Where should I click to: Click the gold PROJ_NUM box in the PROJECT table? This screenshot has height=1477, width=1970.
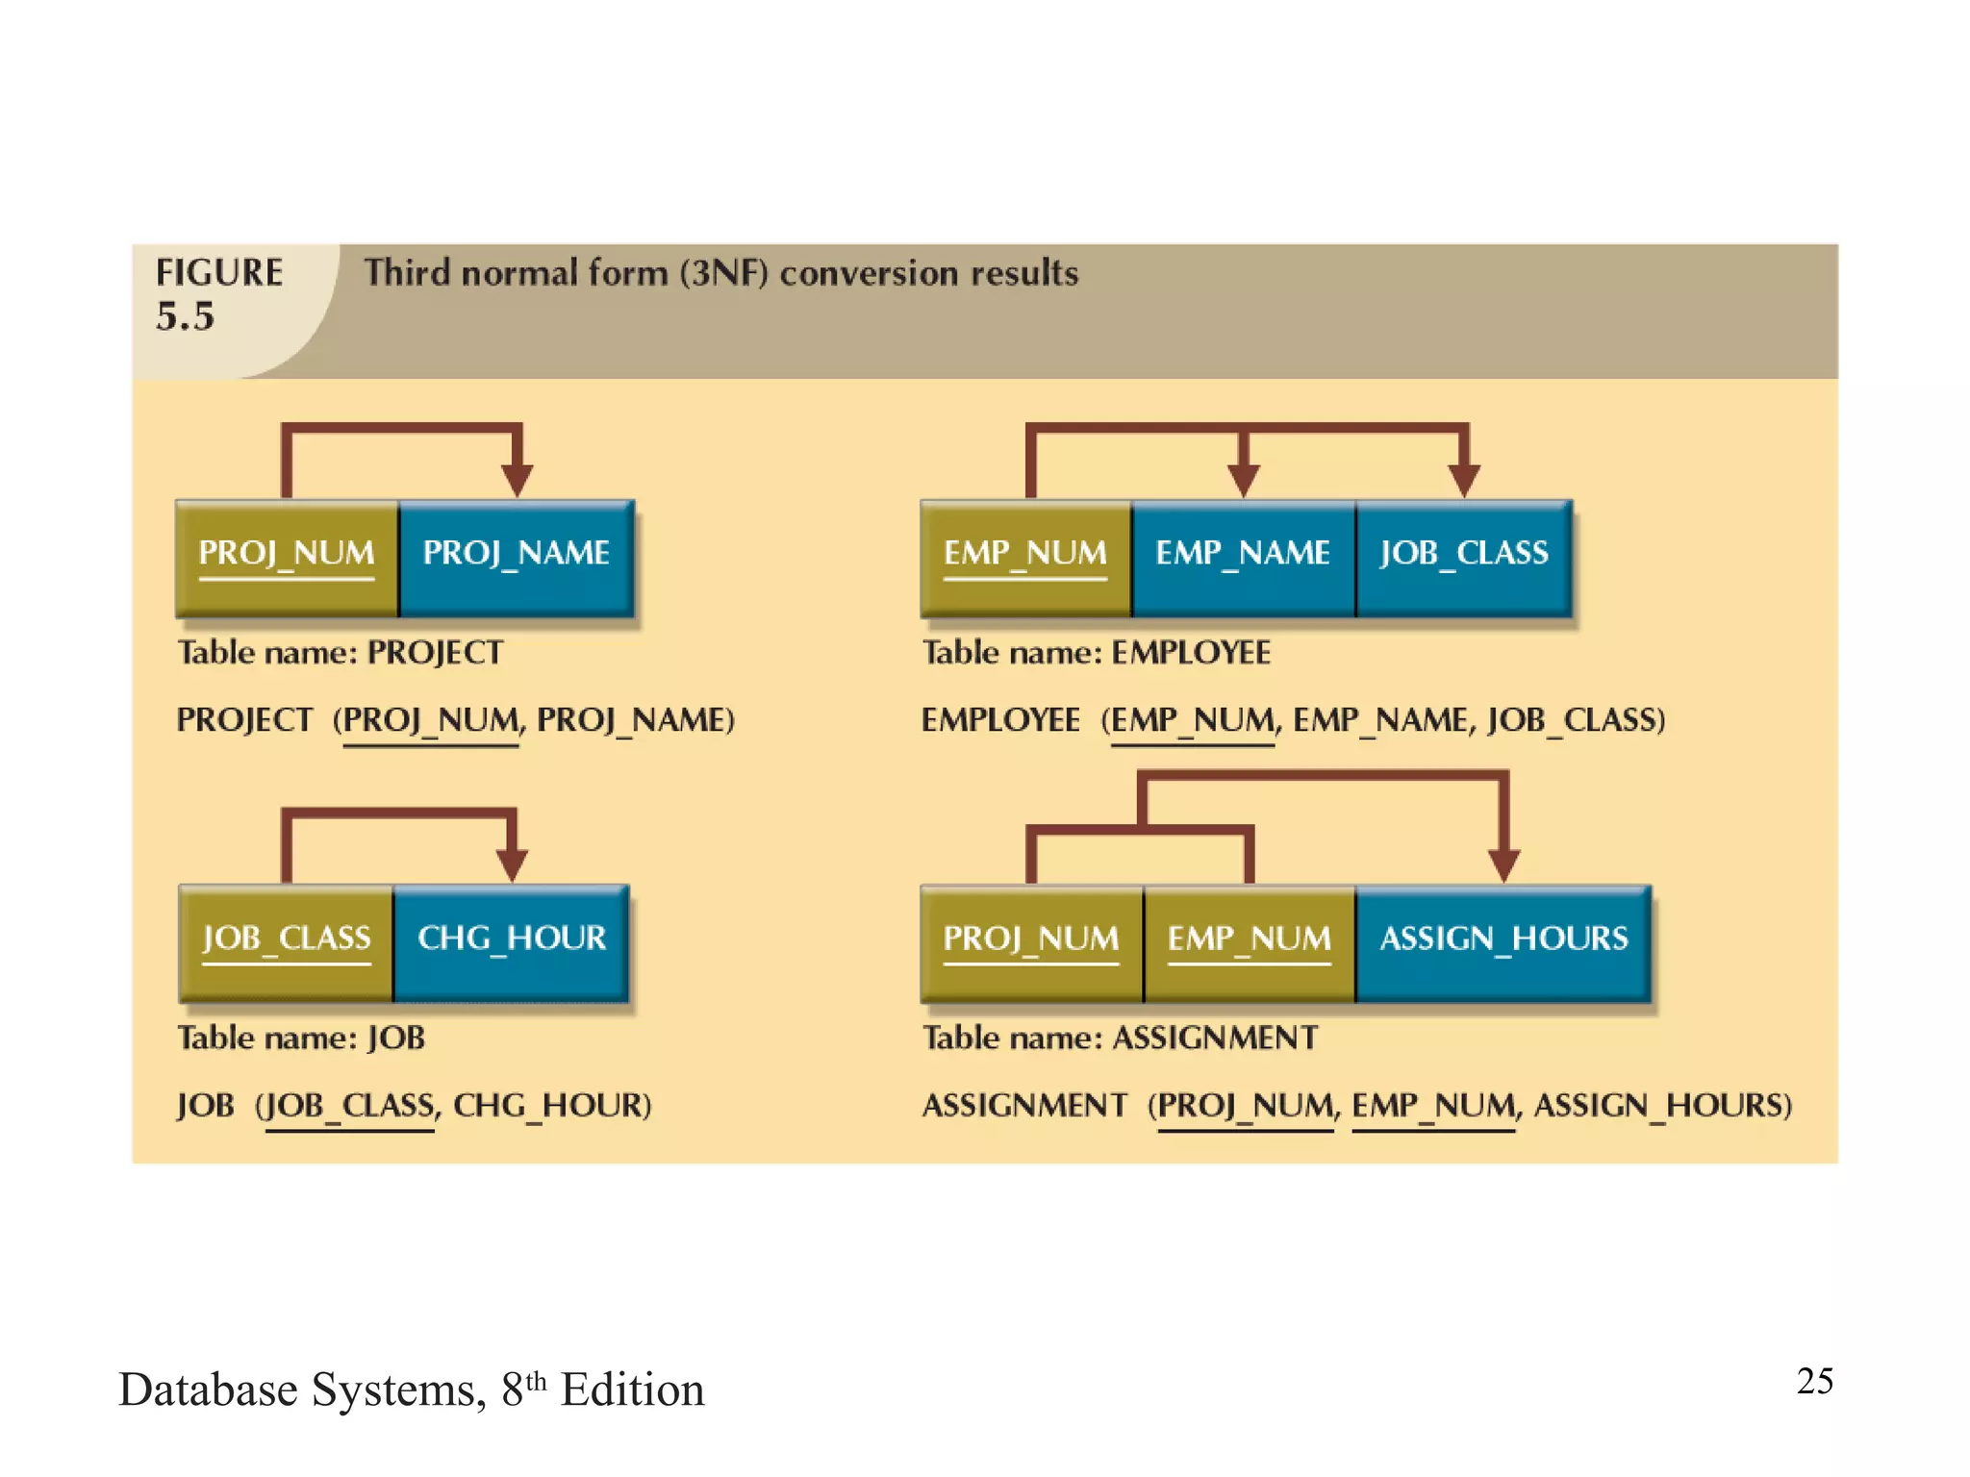pos(287,558)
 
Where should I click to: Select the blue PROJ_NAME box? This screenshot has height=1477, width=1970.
pos(517,558)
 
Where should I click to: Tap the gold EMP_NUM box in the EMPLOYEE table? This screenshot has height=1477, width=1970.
pos(1025,558)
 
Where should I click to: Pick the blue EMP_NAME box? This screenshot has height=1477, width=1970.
pos(1243,558)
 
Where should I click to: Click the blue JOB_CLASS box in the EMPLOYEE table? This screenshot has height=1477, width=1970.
pos(1463,558)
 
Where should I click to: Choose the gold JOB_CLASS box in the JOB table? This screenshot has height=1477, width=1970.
pos(286,942)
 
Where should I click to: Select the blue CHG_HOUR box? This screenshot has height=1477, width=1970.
pos(512,942)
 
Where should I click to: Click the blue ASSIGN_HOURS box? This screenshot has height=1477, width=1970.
pos(1503,942)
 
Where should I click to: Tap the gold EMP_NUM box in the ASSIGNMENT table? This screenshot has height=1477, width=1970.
pos(1249,942)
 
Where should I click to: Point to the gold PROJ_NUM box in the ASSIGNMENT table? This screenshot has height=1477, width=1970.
pos(1031,942)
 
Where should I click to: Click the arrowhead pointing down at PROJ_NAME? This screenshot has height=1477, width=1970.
pos(517,479)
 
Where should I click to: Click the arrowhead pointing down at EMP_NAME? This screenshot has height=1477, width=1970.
pos(1243,479)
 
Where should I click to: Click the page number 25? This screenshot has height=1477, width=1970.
pos(1814,1381)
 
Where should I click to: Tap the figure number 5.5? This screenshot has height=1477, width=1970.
pos(185,316)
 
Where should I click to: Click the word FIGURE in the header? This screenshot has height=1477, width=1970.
pos(219,272)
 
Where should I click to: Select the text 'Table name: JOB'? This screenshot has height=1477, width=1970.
pos(301,1038)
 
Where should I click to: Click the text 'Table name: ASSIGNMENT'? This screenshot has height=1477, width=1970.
pos(1120,1038)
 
